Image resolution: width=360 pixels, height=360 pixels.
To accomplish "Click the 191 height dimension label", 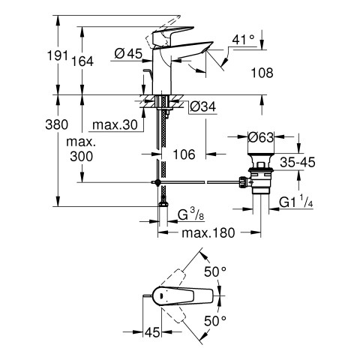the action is click(x=58, y=55).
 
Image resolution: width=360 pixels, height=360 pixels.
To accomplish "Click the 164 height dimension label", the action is click(x=82, y=61).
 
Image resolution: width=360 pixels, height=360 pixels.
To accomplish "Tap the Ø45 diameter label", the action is click(x=128, y=53).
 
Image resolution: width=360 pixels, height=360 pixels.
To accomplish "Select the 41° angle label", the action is click(x=243, y=40).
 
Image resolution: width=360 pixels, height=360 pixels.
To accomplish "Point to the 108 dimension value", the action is click(x=262, y=73).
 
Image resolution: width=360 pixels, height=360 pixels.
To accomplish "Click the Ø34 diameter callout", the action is click(x=202, y=107).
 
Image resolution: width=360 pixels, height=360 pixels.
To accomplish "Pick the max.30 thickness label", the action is click(x=115, y=124).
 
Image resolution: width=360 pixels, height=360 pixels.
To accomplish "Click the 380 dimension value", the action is click(x=57, y=124).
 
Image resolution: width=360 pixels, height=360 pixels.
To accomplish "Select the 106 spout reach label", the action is click(x=184, y=154).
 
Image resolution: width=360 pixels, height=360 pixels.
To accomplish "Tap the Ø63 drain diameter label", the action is click(x=261, y=137).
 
